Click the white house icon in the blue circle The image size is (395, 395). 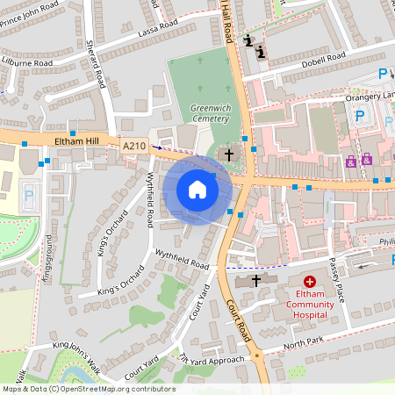(197, 189)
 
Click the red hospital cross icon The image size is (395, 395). (309, 284)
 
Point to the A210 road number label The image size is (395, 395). (134, 147)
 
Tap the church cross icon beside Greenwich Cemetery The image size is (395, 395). (229, 154)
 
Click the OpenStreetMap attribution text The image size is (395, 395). (88, 389)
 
